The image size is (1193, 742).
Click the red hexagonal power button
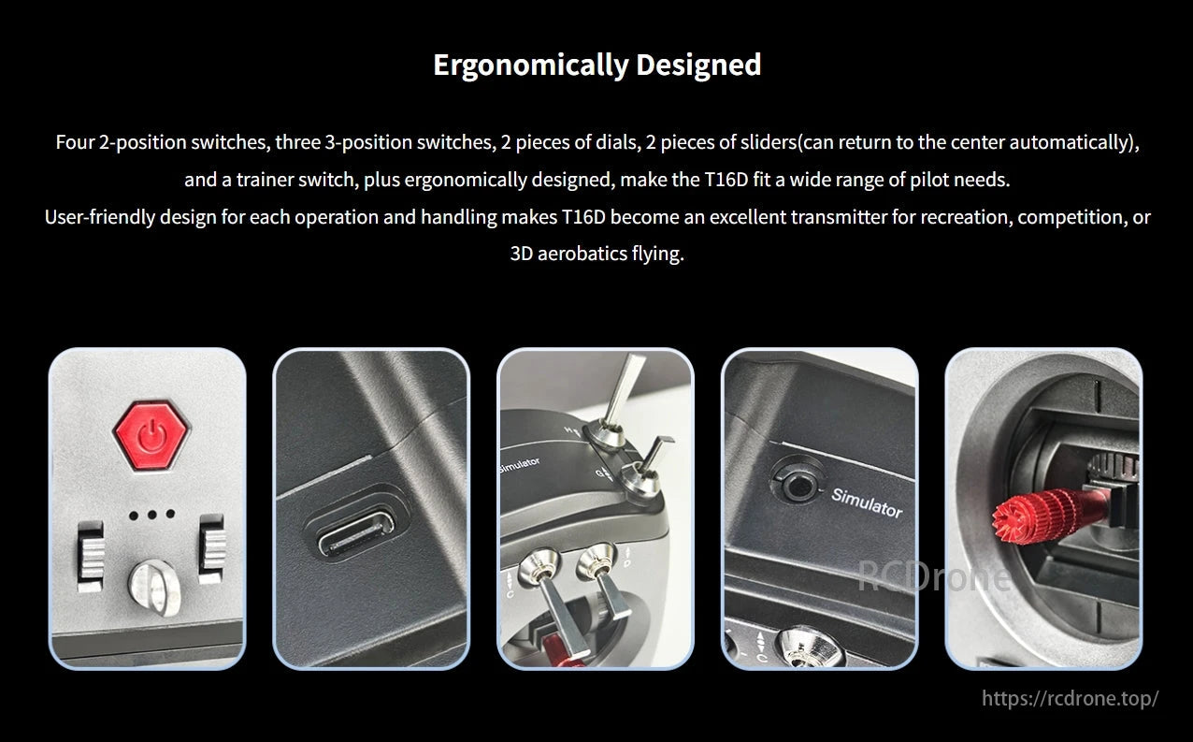pyautogui.click(x=151, y=436)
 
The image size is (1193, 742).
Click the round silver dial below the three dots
pyautogui.click(x=154, y=587)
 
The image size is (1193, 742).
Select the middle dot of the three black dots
pyautogui.click(x=151, y=515)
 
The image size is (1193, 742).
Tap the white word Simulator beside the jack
pyautogui.click(x=867, y=502)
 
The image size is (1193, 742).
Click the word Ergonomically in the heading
pyautogui.click(x=532, y=65)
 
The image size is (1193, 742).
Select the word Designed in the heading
pyautogui.click(x=698, y=65)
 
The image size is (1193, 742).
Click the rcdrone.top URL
pyautogui.click(x=1070, y=698)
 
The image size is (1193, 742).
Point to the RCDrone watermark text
pyautogui.click(x=934, y=575)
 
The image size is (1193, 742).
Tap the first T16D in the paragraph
pyautogui.click(x=726, y=180)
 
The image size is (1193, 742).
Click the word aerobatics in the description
pyautogui.click(x=582, y=254)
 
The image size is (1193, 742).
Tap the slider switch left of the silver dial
pyautogui.click(x=91, y=556)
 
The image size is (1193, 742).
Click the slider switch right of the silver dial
pyautogui.click(x=212, y=548)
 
